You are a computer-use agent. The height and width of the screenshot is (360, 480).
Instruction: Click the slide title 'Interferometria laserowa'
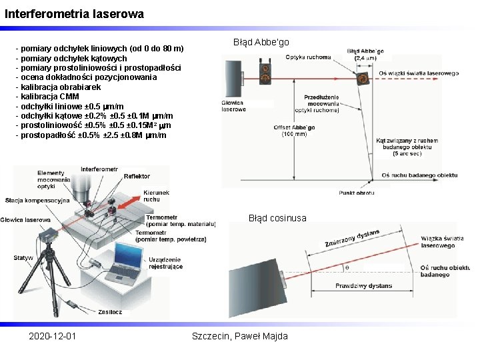(x=74, y=13)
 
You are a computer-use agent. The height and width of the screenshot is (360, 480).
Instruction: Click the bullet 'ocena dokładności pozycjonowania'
(x=80, y=77)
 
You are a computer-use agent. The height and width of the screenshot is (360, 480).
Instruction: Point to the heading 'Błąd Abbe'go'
(x=261, y=42)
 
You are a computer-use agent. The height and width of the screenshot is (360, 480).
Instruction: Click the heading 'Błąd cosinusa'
(x=277, y=218)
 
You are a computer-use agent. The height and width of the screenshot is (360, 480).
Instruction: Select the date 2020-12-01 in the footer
(x=52, y=335)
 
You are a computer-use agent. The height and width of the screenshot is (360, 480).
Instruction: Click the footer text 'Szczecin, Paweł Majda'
(x=240, y=335)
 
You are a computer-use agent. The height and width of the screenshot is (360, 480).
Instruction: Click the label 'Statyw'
(x=23, y=257)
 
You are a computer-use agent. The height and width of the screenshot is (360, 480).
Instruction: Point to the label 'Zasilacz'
(x=109, y=311)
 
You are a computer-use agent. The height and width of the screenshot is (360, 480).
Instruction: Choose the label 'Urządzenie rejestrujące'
(x=166, y=263)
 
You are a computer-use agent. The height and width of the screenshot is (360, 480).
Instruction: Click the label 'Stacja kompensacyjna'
(x=37, y=200)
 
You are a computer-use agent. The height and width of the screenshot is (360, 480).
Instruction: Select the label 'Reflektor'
(x=137, y=176)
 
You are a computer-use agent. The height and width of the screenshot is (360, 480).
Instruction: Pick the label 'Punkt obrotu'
(x=356, y=192)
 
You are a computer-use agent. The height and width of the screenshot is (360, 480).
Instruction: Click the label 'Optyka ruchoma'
(x=308, y=57)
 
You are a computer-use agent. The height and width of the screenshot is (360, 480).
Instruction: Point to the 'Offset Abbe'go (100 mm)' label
(x=294, y=130)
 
